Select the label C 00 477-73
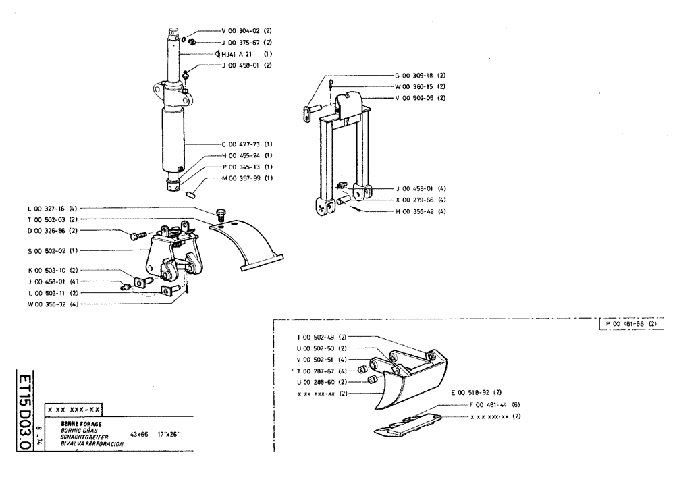[240, 144]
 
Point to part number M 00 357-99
[240, 178]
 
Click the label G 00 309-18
[414, 75]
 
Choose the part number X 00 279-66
[414, 200]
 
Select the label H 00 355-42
[414, 212]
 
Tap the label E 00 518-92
[470, 392]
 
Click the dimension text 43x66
[139, 434]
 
